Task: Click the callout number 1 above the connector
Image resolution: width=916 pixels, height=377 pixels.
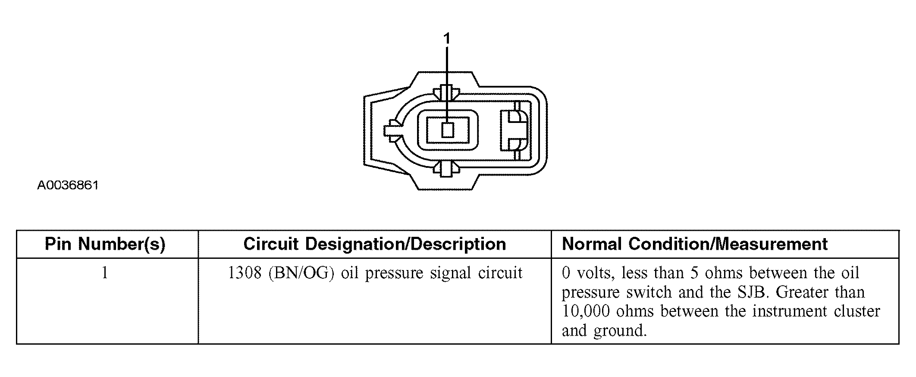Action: [447, 39]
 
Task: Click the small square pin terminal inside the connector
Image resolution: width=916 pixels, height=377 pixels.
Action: [448, 130]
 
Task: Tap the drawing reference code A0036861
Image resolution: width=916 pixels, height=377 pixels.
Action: [68, 185]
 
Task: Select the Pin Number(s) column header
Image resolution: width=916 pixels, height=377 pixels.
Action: [105, 244]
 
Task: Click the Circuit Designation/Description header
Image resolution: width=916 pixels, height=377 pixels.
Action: [374, 244]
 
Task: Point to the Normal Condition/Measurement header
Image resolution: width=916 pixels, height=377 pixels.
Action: [695, 244]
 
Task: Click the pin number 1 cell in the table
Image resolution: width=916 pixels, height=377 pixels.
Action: [104, 273]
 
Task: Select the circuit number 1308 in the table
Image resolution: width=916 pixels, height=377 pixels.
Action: [245, 273]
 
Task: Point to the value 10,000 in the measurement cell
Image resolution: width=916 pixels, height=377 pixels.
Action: [586, 311]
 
